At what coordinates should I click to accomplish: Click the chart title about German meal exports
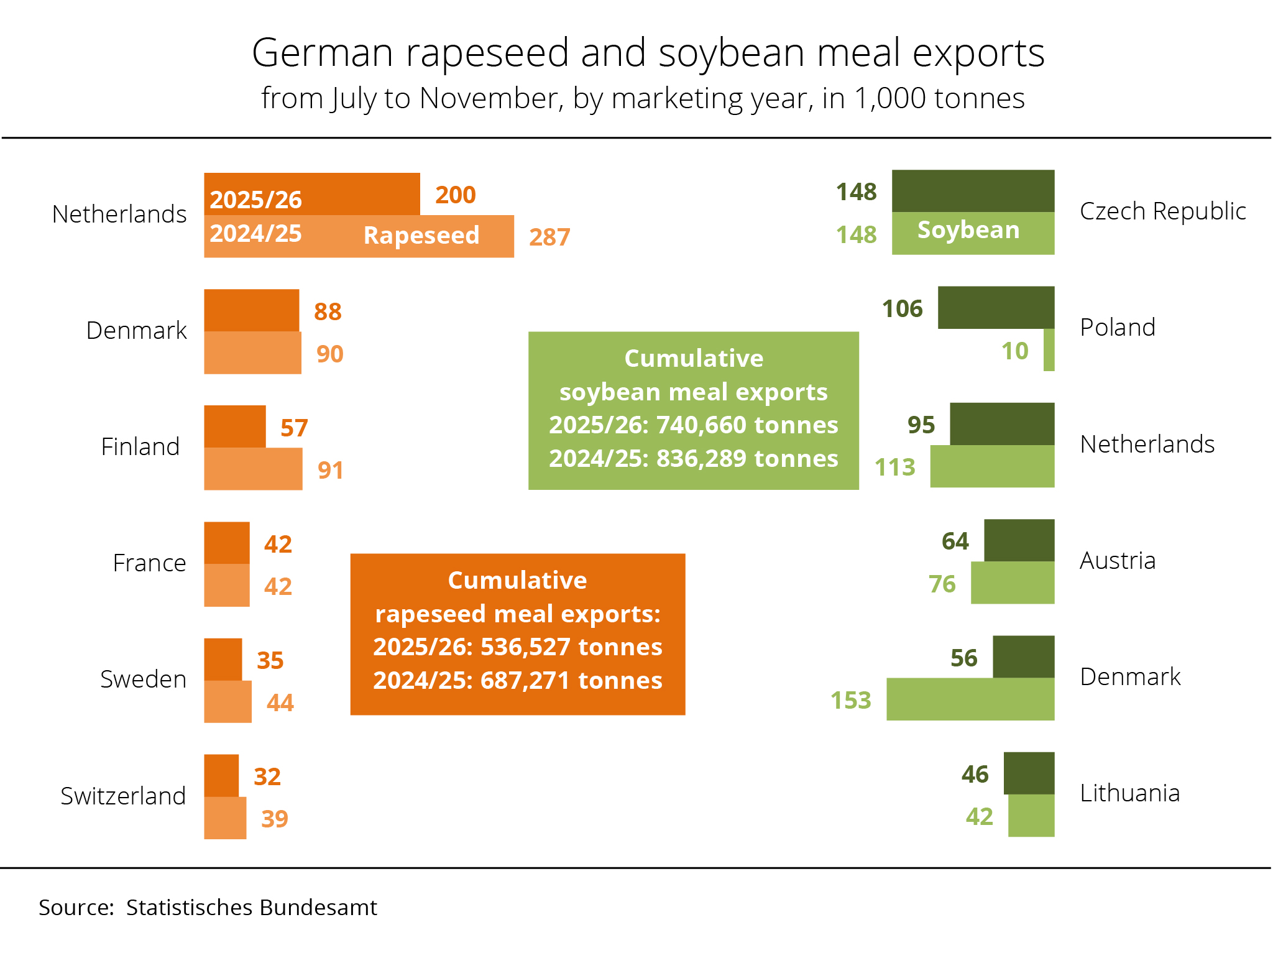(x=648, y=52)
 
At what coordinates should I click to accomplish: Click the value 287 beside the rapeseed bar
(x=549, y=237)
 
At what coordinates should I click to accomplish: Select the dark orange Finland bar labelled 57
(x=235, y=426)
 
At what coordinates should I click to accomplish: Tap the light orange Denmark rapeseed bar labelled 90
(x=252, y=352)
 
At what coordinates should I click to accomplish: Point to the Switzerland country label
(x=123, y=796)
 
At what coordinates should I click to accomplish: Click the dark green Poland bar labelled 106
(x=996, y=307)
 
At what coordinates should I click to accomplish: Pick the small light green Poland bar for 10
(x=1049, y=350)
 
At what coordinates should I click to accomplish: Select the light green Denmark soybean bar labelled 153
(x=970, y=699)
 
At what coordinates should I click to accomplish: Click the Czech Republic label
(x=1162, y=211)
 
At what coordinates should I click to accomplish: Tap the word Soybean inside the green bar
(x=968, y=230)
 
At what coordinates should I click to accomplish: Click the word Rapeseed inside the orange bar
(x=421, y=236)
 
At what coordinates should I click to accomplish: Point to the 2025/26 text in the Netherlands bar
(x=255, y=200)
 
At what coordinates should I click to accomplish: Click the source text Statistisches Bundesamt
(x=251, y=908)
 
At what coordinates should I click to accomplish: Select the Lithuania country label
(x=1129, y=793)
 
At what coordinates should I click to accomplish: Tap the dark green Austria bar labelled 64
(x=1019, y=540)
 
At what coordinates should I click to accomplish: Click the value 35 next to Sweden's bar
(x=270, y=660)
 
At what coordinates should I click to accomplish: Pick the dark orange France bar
(x=227, y=543)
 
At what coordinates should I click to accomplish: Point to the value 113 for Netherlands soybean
(x=895, y=467)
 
